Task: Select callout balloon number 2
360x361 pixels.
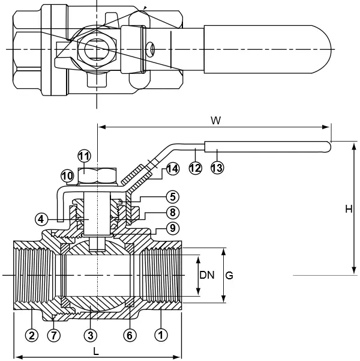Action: pos(32,333)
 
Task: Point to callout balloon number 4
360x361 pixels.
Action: pos(41,219)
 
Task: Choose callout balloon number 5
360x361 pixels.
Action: pos(172,196)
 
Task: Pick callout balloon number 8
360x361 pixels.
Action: pos(172,212)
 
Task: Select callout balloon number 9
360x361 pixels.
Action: pos(172,228)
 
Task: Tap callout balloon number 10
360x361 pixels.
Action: pos(67,176)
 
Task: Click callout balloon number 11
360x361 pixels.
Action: pos(84,156)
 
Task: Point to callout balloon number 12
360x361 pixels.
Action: pos(195,168)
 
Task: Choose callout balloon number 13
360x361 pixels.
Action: pos(217,168)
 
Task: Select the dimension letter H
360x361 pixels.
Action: pos(349,209)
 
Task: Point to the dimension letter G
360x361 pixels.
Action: pos(229,275)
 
